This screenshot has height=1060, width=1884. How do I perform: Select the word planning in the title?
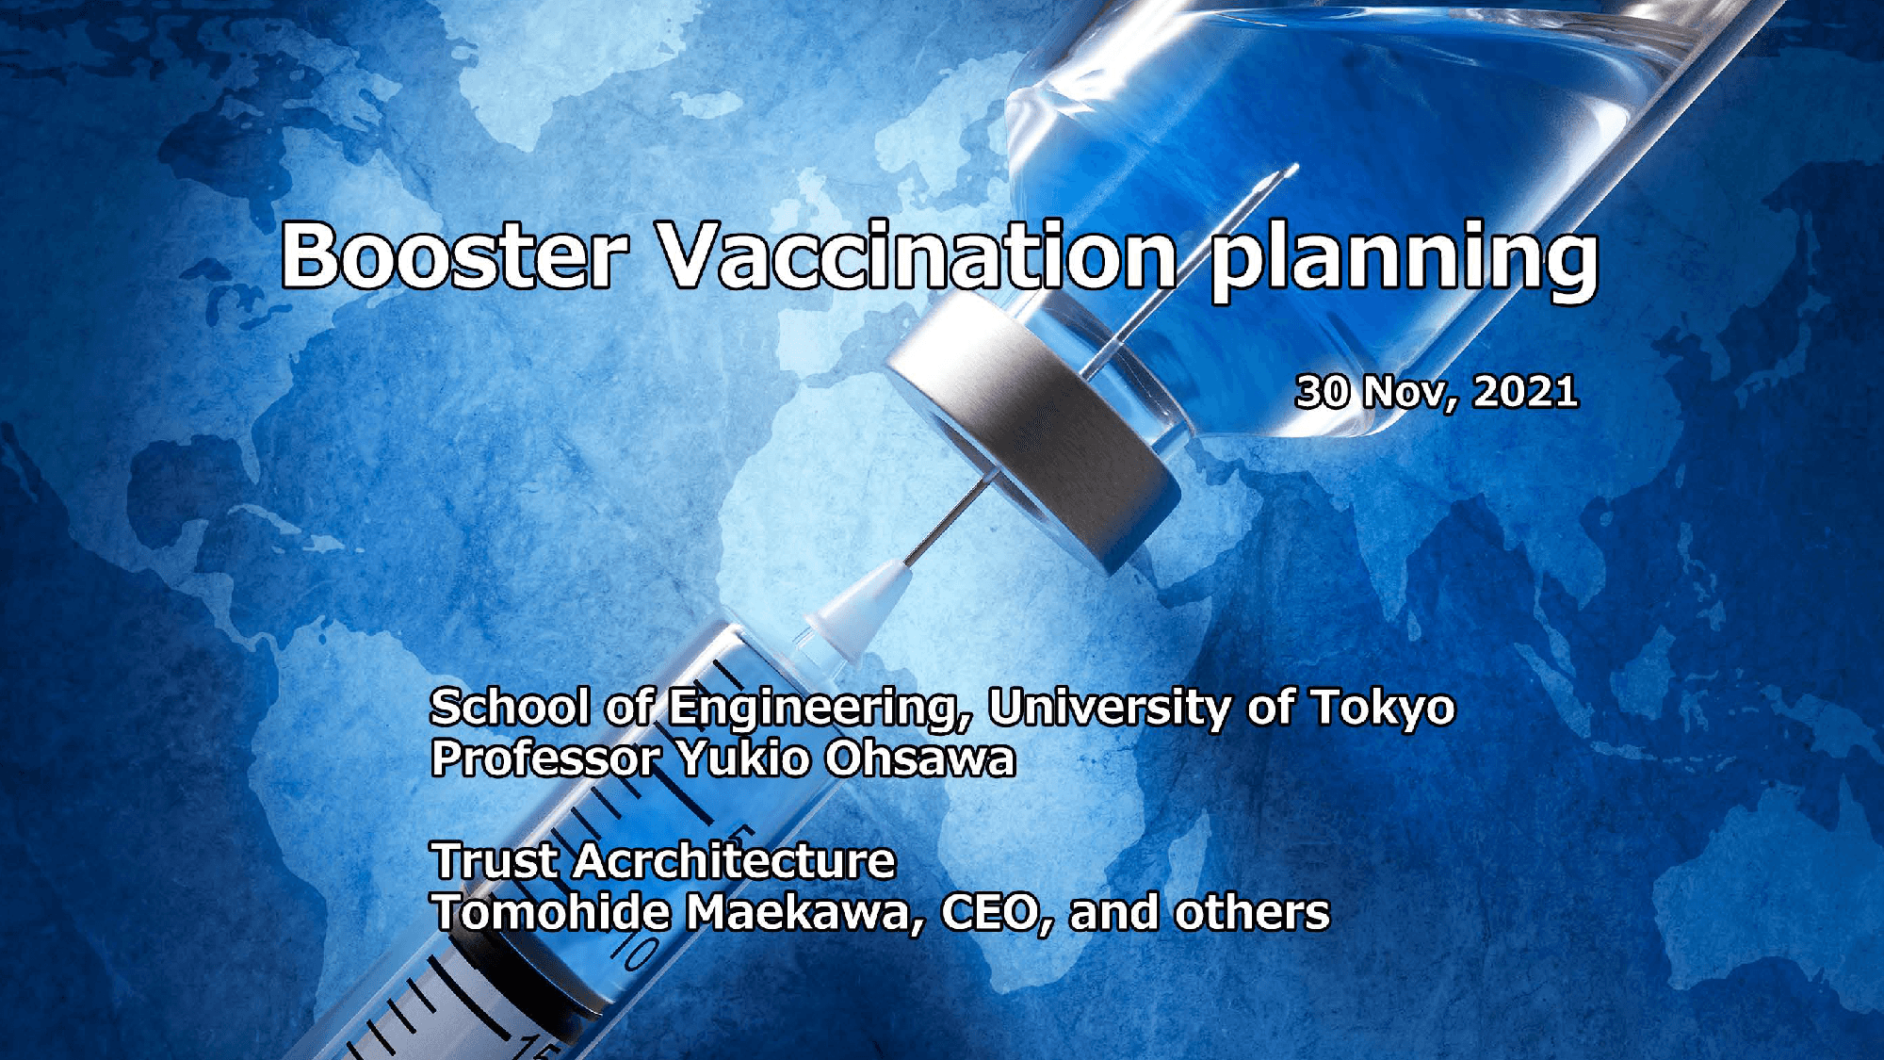tap(1404, 261)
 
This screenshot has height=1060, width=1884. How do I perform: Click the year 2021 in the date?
tap(1526, 392)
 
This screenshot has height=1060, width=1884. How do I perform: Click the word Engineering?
tap(815, 709)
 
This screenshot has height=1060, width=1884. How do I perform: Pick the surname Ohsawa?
tap(921, 758)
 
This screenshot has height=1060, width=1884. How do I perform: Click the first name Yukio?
tap(744, 758)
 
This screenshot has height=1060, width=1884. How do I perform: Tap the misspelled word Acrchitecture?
tap(735, 860)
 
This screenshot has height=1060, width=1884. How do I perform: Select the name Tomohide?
tap(550, 912)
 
